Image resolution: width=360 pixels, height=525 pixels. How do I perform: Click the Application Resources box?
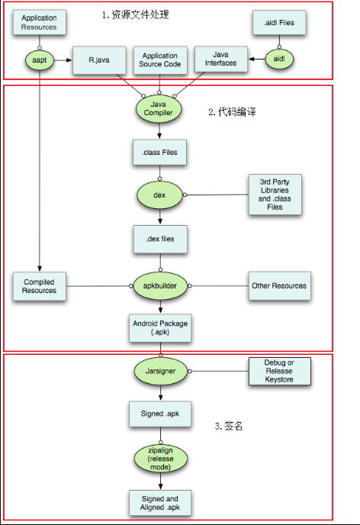[x=39, y=22]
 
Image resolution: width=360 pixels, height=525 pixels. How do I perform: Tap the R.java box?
[x=95, y=59]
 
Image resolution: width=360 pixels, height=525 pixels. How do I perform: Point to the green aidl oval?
[x=278, y=57]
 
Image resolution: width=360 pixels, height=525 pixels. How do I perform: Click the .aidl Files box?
[x=278, y=23]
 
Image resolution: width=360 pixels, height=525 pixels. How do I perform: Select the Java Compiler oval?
[x=159, y=108]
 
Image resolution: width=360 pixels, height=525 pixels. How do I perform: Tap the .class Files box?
[x=159, y=153]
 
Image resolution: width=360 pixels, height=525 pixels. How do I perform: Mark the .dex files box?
[x=159, y=239]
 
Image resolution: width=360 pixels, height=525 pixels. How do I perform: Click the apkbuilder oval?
[x=159, y=285]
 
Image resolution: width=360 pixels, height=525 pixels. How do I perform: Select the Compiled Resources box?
[x=39, y=285]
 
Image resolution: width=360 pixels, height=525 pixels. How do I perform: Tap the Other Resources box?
[x=278, y=285]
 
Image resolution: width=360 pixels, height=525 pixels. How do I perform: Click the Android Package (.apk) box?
[x=159, y=329]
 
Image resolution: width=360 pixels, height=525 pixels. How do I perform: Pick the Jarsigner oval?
[x=159, y=371]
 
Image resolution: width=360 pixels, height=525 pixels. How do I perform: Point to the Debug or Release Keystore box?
[x=280, y=370]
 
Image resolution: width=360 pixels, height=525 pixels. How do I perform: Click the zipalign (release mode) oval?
[x=159, y=458]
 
